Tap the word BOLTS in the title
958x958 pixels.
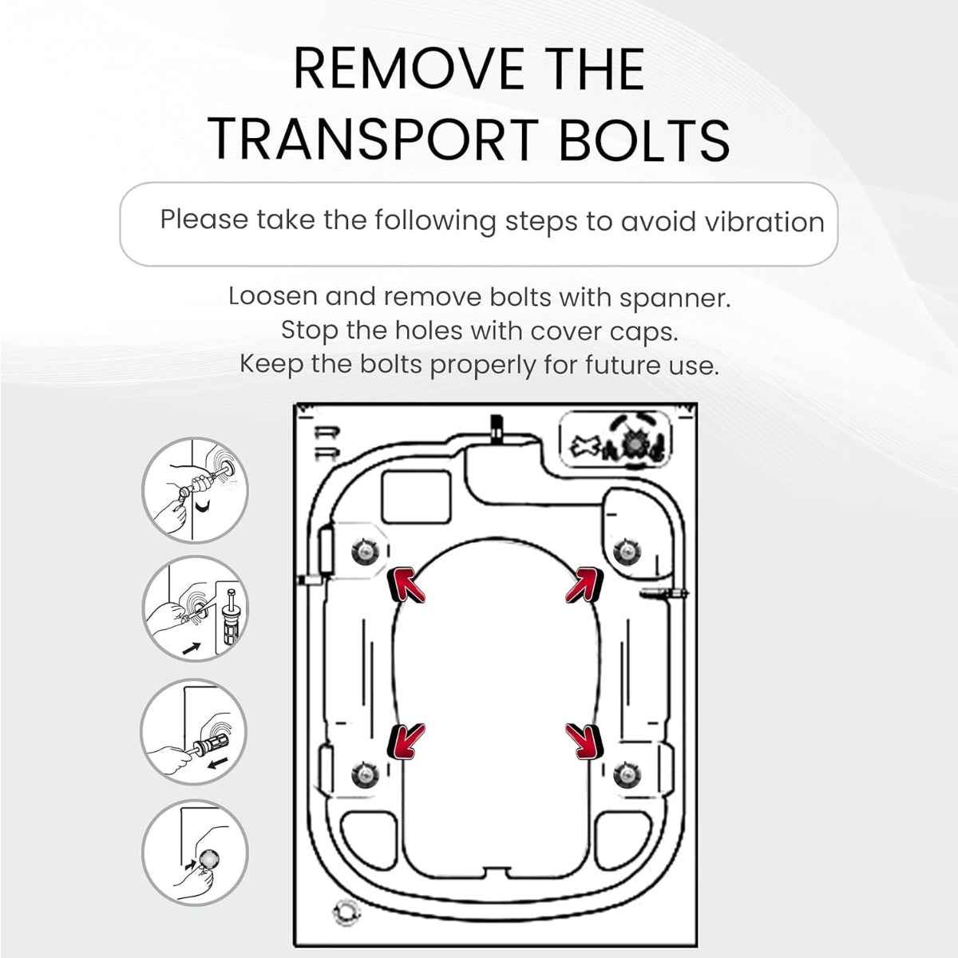[645, 141]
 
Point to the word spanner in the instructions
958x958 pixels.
[675, 299]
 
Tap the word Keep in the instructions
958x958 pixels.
[271, 366]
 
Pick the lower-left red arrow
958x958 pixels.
[406, 741]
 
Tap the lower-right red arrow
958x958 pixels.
[584, 741]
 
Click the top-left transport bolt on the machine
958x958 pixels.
[365, 551]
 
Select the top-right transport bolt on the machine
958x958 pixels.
[627, 551]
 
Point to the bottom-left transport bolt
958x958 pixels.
[365, 774]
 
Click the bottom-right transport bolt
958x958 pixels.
[627, 774]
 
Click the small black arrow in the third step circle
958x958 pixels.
[220, 762]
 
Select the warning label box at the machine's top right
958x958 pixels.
[616, 441]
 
